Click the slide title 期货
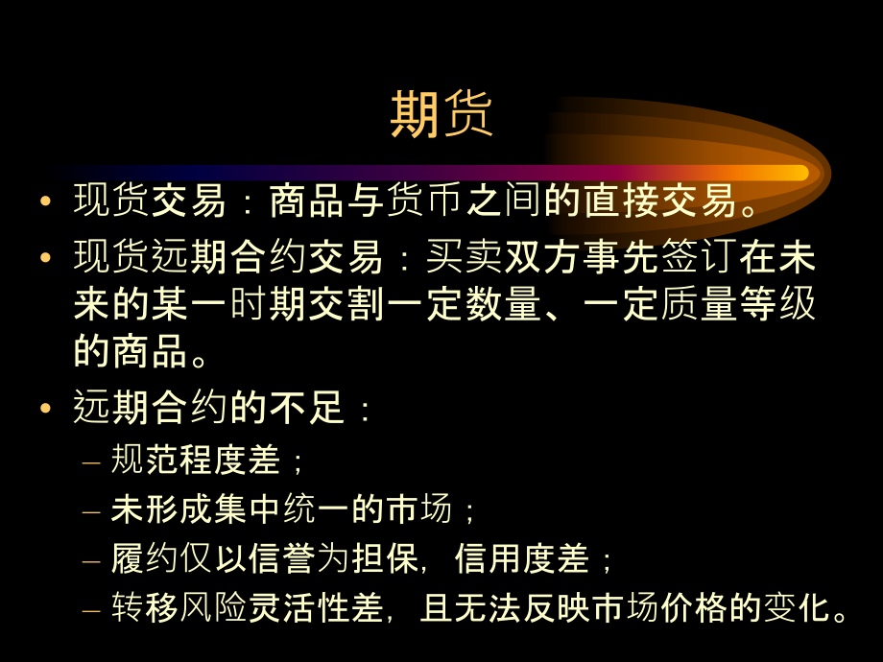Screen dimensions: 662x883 [441, 116]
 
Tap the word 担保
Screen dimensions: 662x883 [365, 558]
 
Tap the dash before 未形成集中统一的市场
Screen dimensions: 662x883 [90, 510]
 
